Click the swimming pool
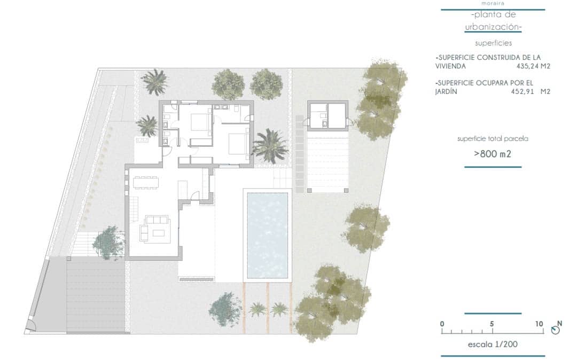(267, 234)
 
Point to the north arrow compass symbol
(556, 330)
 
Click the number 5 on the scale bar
(492, 324)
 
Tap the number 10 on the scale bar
(539, 324)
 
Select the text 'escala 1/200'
(492, 345)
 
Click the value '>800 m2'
(492, 154)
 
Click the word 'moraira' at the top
(492, 3)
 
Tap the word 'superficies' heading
(492, 43)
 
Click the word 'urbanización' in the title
(492, 26)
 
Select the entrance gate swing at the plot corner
(31, 326)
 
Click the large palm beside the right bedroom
(270, 145)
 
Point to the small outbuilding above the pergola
(328, 115)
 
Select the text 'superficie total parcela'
(492, 138)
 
